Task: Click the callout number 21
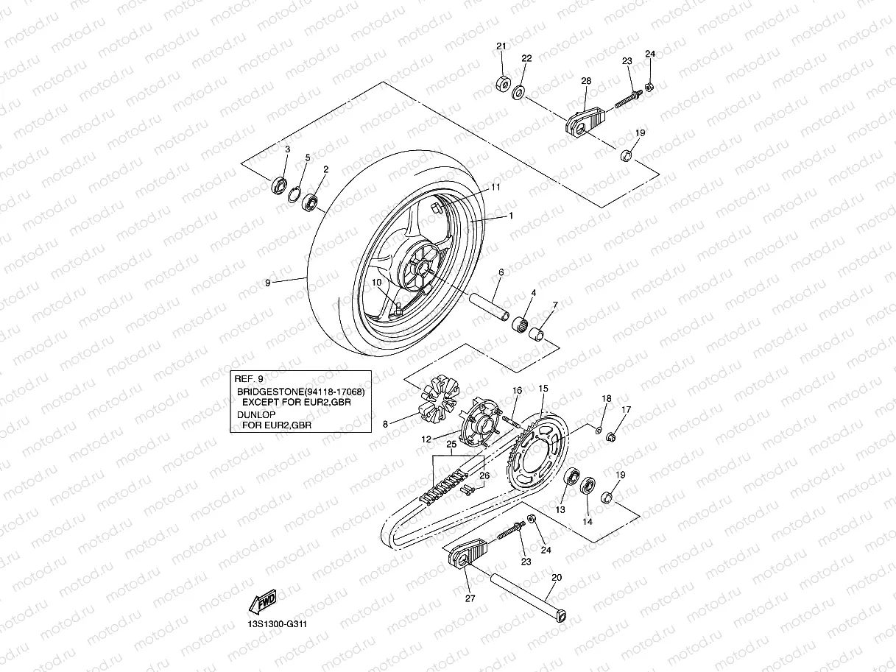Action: (501, 46)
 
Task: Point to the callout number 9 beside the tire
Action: (268, 282)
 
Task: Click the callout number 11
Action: (495, 188)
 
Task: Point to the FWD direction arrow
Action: (267, 601)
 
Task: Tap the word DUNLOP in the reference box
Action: (253, 414)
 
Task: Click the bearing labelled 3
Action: (280, 184)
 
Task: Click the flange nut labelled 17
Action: (611, 439)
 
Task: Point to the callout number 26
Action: (484, 475)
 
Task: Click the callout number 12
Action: (426, 439)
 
